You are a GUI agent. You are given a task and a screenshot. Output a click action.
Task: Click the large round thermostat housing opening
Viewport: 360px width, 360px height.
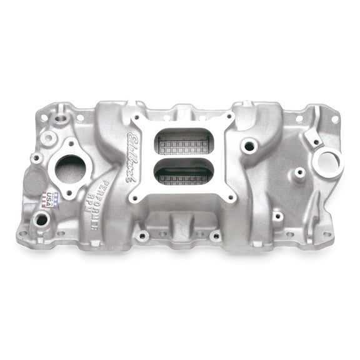point(70,169)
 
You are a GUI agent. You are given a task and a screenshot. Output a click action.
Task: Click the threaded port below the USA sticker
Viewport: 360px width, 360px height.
point(42,219)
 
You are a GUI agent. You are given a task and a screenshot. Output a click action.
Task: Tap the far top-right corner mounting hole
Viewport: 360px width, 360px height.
point(334,119)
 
